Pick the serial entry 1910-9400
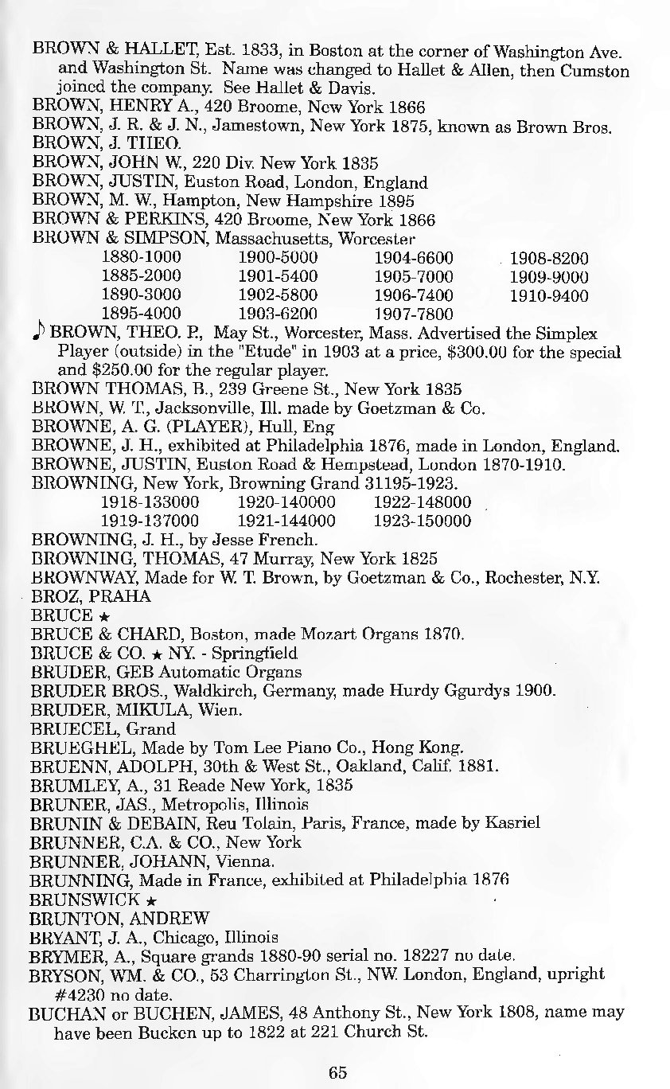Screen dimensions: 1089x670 coord(548,296)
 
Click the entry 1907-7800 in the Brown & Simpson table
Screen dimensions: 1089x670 coord(413,315)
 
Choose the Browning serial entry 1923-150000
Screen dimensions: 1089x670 coord(422,522)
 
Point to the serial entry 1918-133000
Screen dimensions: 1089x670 coord(150,503)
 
